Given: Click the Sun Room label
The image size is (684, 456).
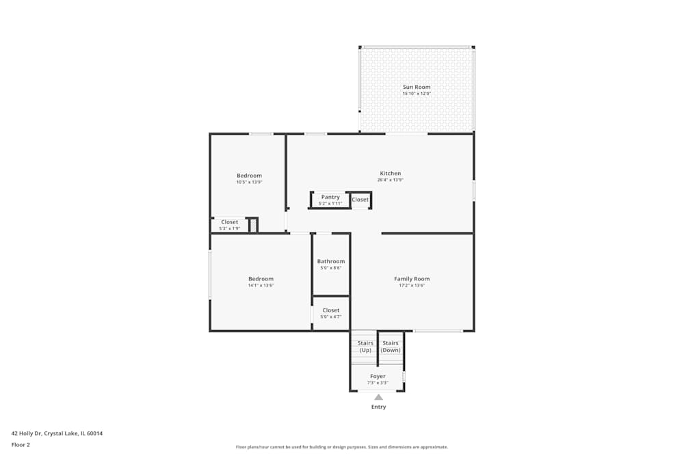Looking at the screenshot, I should point(417,87).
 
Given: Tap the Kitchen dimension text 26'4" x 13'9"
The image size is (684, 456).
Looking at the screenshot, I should point(390,180).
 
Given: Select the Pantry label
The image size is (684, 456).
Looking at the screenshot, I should point(330,197).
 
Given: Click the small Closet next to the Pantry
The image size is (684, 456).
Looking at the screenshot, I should point(360,200).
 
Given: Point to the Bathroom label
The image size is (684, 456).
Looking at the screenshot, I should point(331,261).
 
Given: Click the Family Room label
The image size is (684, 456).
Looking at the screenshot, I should point(412,279).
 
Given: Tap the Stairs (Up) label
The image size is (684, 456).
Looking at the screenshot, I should point(365,347).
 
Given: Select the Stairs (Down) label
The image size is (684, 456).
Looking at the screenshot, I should point(391,347).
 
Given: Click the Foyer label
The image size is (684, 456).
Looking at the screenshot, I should point(378,376).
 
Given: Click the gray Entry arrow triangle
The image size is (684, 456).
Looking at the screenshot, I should point(378,397).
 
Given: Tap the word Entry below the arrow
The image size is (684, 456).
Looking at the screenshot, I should point(378,407).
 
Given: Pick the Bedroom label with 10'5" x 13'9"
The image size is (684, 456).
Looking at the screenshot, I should point(249,176).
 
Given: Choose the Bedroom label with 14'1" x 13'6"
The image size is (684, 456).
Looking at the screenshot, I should point(261,279).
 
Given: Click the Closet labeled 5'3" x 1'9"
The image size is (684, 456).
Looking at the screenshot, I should point(230,222).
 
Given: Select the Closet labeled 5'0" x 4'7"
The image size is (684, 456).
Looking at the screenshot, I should point(331,310).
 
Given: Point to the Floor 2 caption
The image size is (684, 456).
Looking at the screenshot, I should point(21,444).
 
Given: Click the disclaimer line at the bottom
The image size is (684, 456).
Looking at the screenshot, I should point(342,447).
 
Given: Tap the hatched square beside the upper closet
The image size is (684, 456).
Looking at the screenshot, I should point(253,225).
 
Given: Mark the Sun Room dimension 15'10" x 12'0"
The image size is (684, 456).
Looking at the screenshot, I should point(417,94).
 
